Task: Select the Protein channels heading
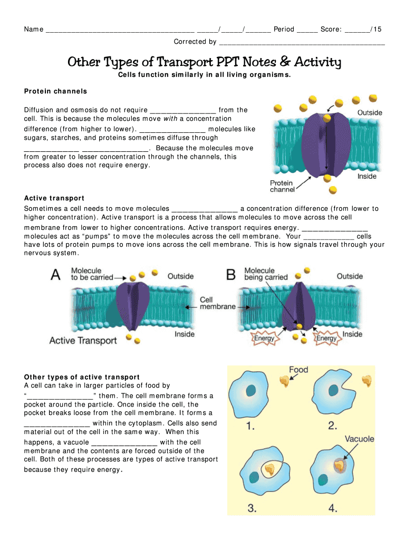[x=55, y=91]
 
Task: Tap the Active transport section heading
[x=54, y=198]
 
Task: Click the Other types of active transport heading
[x=82, y=377]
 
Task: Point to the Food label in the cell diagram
[x=298, y=370]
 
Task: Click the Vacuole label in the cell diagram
[x=360, y=438]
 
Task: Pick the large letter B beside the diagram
[x=231, y=275]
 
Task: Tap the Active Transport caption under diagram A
[x=83, y=341]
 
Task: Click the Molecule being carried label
[x=266, y=274]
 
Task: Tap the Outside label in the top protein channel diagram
[x=370, y=113]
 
